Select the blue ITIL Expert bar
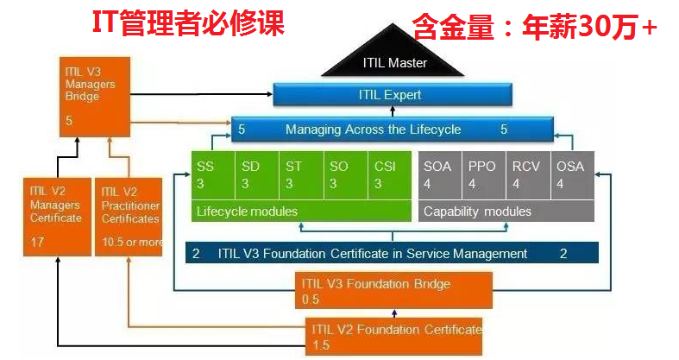393,95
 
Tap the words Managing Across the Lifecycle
373,129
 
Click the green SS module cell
211,175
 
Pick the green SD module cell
256,175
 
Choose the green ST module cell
300,175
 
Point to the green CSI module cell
388,175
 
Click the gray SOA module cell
440,175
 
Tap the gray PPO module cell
484,175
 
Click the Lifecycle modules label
247,212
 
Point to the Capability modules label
477,212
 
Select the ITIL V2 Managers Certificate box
56,216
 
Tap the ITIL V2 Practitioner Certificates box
128,216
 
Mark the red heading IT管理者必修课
188,23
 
